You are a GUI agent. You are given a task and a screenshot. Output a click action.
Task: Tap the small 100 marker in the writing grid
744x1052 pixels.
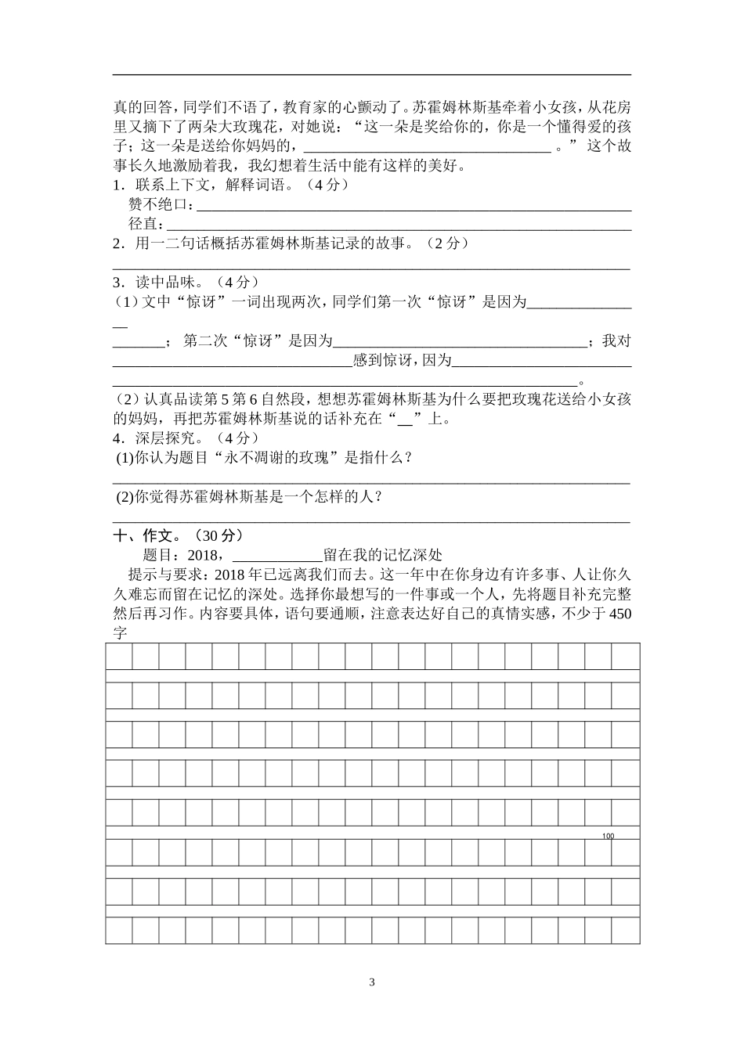[609, 837]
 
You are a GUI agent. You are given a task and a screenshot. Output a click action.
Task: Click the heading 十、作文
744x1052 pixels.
[143, 535]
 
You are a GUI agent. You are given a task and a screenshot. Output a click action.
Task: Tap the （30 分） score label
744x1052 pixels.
[217, 535]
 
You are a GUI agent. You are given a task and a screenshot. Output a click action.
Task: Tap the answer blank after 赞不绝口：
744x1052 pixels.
[414, 207]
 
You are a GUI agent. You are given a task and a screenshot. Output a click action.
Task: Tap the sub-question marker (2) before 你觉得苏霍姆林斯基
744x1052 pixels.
[125, 496]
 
